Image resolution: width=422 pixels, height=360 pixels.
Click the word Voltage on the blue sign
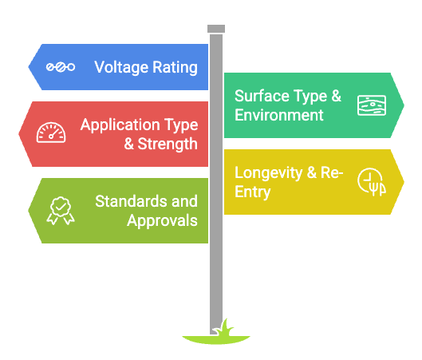121,67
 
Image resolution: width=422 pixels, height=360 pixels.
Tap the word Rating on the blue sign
175,68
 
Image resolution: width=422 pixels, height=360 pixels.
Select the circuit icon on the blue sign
61,67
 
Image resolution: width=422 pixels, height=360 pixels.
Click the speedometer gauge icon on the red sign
51,133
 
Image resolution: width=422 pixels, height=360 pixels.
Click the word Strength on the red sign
168,144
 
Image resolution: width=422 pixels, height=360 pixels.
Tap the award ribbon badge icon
61,211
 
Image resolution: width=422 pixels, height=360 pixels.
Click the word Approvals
162,221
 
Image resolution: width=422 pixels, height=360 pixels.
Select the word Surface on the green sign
262,96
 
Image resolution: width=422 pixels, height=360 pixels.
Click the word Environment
279,115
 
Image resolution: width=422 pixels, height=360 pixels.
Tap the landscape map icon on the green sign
372,105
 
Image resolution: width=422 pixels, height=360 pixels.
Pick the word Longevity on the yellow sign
269,173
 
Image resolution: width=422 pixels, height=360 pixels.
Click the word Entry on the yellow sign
252,192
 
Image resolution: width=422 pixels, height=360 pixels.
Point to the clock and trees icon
372,182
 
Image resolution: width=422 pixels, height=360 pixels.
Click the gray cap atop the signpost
216,29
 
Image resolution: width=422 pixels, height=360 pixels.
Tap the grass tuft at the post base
223,328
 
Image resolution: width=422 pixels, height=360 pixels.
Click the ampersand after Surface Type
336,96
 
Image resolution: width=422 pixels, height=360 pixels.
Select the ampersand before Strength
129,144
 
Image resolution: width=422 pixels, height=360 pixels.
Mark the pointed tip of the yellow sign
404,182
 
